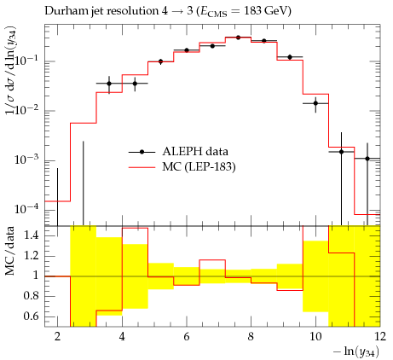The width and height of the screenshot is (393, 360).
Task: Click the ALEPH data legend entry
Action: point(178,152)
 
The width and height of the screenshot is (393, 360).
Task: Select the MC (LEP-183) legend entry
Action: point(182,167)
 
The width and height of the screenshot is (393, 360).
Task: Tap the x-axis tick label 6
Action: point(187,337)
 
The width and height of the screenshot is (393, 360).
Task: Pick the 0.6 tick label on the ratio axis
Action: point(31,316)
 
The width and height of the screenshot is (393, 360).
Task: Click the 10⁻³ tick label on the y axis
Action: point(26,160)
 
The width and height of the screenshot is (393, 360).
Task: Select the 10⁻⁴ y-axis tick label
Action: point(26,210)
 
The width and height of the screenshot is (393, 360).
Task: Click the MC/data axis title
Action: point(9,251)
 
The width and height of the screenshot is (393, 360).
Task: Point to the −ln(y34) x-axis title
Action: point(356,351)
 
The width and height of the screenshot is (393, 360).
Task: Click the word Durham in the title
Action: point(63,11)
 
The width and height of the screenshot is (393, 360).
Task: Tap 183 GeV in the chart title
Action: point(264,11)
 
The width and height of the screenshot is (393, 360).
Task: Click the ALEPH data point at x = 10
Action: point(315,103)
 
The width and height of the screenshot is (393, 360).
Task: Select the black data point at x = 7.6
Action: point(238,38)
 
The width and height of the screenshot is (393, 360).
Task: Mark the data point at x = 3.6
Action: point(109,84)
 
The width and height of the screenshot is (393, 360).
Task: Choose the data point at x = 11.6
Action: point(367,159)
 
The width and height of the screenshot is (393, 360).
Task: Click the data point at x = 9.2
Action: point(290,57)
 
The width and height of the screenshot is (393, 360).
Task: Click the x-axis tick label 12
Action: point(380,337)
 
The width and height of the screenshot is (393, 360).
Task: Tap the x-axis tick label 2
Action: point(58,337)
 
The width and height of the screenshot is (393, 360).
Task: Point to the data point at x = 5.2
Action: point(161,61)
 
